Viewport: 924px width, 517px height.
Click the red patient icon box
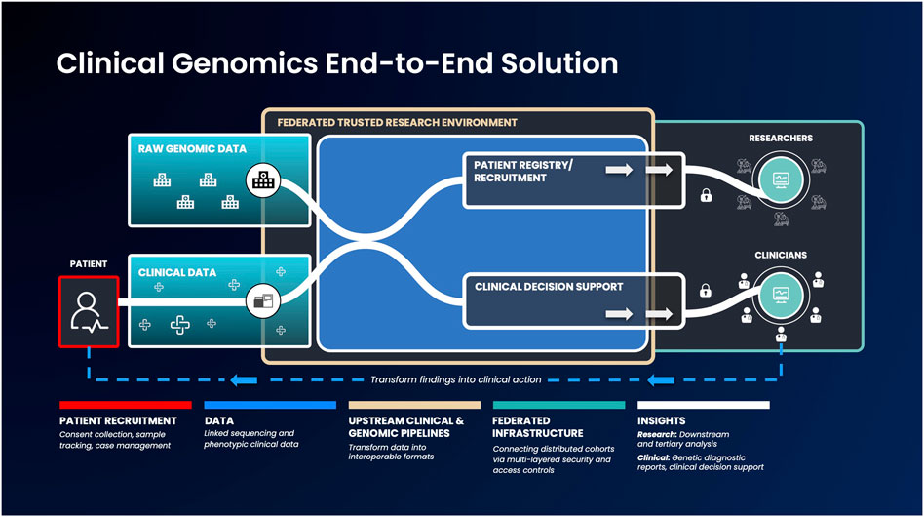click(x=89, y=311)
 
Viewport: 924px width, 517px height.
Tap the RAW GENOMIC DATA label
click(x=192, y=149)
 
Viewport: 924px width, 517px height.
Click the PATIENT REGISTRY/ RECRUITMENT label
click(x=523, y=172)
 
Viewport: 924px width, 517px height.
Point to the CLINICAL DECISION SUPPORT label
click(x=549, y=287)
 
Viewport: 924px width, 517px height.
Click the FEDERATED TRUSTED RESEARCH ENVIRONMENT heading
click(x=397, y=123)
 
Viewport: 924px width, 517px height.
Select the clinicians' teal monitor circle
click(x=780, y=294)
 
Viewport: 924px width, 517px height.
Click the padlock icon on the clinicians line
click(x=705, y=291)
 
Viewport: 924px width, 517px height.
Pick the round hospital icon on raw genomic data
click(x=261, y=179)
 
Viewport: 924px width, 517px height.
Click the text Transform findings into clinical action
click(x=455, y=379)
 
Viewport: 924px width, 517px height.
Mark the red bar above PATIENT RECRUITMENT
click(x=126, y=404)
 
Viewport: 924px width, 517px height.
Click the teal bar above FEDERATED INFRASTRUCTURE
click(x=558, y=404)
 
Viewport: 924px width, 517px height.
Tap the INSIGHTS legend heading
click(x=665, y=420)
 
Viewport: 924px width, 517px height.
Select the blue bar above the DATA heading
click(x=270, y=404)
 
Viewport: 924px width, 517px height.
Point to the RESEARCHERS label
click(x=780, y=139)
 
